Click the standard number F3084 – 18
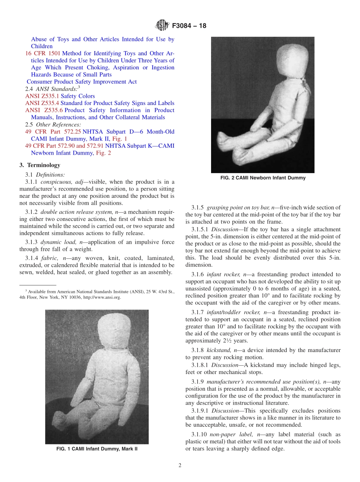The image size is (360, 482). [189, 26]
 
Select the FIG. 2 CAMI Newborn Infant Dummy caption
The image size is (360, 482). [263, 178]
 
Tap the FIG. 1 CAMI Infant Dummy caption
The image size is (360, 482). [97, 449]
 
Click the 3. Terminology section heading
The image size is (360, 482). [40, 165]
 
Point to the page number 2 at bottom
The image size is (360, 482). [180, 466]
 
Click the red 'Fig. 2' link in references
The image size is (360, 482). [103, 153]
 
